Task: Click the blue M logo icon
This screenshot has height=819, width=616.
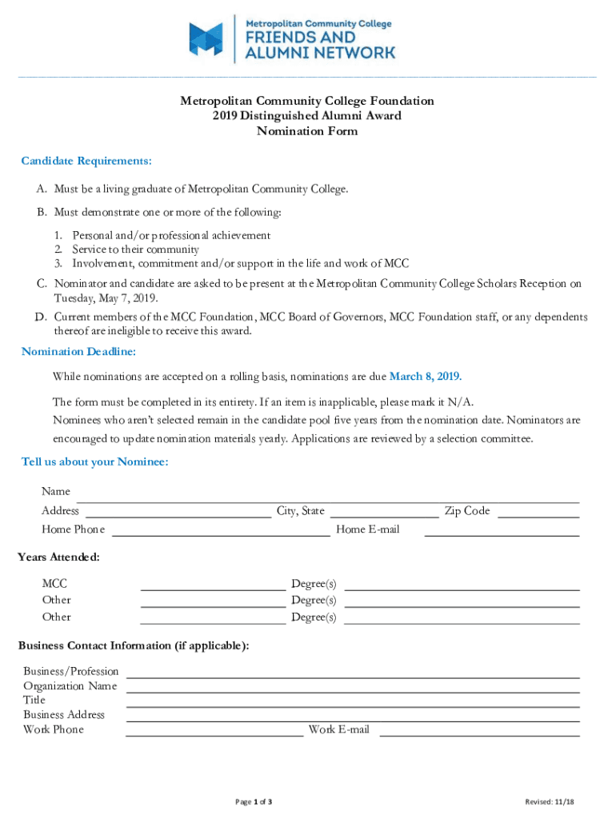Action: tap(206, 38)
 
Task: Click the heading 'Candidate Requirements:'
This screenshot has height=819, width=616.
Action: tap(86, 161)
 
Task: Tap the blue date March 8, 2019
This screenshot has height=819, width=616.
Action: tap(425, 376)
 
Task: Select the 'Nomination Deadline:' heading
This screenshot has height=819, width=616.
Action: tap(78, 351)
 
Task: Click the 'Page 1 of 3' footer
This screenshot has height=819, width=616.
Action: tap(254, 801)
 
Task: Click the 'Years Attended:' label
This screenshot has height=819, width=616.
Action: tap(58, 557)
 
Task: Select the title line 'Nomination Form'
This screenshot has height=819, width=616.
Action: tap(306, 131)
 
